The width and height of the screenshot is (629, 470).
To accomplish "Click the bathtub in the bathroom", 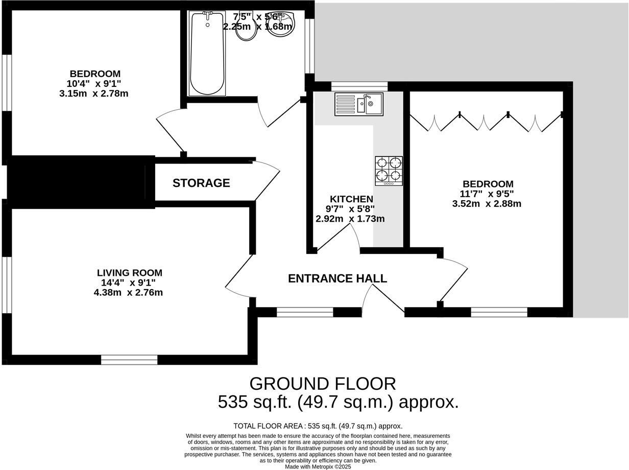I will click(x=206, y=53).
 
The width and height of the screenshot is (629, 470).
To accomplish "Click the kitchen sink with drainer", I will click(x=358, y=104).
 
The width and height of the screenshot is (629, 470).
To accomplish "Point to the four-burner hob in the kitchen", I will click(x=389, y=171).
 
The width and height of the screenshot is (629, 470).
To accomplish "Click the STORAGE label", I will click(x=201, y=183).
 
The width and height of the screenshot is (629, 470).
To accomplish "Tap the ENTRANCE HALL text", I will click(x=337, y=278).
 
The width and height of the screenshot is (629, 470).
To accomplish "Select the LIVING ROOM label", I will click(x=130, y=273).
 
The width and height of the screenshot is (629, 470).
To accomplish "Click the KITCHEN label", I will click(x=351, y=199).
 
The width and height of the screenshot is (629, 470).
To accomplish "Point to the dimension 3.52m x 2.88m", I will click(x=487, y=203).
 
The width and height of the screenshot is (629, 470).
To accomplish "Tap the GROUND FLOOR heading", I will click(x=322, y=384).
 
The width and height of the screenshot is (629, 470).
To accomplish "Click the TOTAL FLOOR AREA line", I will click(x=318, y=426).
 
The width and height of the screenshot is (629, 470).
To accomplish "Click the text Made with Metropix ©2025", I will click(x=318, y=466).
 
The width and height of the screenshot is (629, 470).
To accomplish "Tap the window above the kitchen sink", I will click(x=359, y=86).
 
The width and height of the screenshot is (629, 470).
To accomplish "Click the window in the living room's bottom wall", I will click(x=129, y=360).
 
